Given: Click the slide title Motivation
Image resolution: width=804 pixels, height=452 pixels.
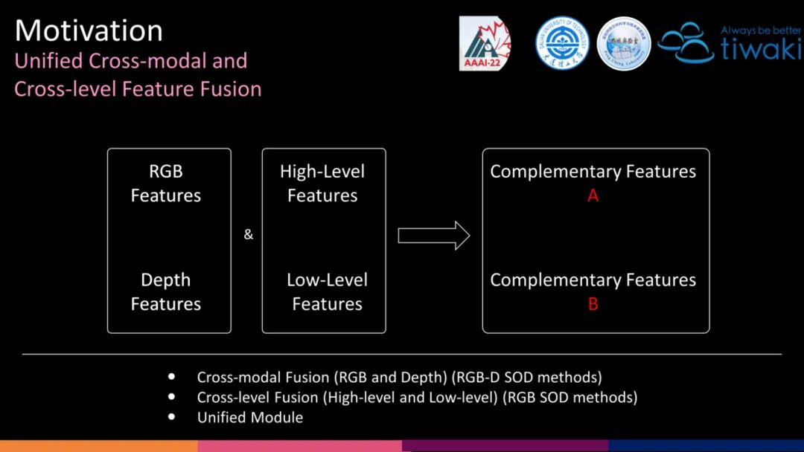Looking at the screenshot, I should pyautogui.click(x=89, y=30).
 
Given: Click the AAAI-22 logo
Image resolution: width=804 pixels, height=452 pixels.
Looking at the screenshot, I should pyautogui.click(x=485, y=44).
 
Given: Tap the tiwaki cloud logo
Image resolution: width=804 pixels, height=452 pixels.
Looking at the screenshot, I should pyautogui.click(x=686, y=42).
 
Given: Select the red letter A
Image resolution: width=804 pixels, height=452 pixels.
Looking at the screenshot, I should pyautogui.click(x=593, y=196).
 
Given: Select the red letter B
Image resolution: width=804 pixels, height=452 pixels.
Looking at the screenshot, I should pyautogui.click(x=593, y=304).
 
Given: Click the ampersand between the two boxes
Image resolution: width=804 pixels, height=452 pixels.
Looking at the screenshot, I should pyautogui.click(x=249, y=235).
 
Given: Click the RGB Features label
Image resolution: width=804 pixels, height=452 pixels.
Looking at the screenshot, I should pyautogui.click(x=166, y=183).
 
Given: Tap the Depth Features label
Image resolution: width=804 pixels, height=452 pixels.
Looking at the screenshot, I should pyautogui.click(x=166, y=291).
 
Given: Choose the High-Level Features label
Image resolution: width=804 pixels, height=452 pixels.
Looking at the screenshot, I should pyautogui.click(x=322, y=183).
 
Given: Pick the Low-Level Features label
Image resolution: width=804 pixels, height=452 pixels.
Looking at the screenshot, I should pyautogui.click(x=327, y=291).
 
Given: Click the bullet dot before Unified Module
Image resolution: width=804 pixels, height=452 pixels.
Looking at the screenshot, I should pyautogui.click(x=173, y=417).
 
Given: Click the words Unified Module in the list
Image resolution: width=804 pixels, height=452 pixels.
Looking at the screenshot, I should pyautogui.click(x=250, y=417).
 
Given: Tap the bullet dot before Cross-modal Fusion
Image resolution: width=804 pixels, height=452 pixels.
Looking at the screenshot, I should pyautogui.click(x=173, y=377).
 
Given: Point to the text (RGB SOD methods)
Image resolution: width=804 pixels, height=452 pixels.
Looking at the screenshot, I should pyautogui.click(x=570, y=397).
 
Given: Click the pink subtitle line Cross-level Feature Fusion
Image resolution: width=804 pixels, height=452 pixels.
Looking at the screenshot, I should pyautogui.click(x=138, y=89).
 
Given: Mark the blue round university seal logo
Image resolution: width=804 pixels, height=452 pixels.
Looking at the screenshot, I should pyautogui.click(x=563, y=43).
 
